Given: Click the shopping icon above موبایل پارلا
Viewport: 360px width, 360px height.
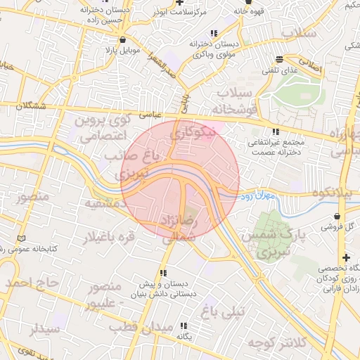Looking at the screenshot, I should click(124, 40).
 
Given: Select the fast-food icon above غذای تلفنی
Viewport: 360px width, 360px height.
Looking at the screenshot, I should click(280, 59).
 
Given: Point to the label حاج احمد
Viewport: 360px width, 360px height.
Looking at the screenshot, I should click(30, 283).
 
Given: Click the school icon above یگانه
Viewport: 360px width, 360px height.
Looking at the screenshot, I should click(184, 326).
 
